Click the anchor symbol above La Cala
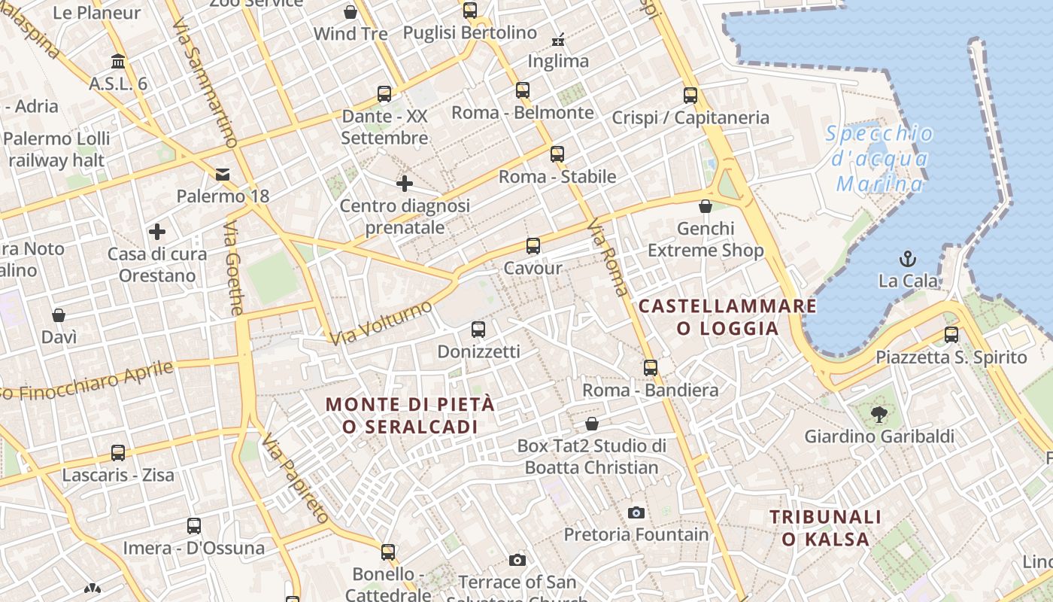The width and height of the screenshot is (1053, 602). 908,259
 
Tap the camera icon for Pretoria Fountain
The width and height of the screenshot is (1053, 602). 636,513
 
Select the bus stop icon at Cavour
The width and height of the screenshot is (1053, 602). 533,246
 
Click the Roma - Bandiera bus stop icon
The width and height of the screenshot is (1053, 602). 651,368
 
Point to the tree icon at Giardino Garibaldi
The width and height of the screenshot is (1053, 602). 878,413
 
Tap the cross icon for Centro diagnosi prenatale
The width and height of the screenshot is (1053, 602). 405,183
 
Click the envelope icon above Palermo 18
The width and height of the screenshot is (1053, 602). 223,175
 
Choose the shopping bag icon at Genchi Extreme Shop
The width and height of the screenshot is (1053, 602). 706,206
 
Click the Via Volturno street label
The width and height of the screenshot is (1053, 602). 381,323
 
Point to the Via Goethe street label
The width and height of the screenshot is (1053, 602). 235,268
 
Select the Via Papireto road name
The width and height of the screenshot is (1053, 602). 296,479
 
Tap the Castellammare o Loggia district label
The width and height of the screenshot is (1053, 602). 727,317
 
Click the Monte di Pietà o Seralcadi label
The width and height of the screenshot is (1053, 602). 411,415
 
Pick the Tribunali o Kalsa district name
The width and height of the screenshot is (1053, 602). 826,528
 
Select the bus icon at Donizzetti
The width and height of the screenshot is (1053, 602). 478,330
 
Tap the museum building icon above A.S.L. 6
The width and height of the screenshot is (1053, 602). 118,61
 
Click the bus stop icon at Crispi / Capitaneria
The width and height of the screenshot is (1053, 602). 690,96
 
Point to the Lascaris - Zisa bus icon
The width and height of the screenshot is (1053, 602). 118,453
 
